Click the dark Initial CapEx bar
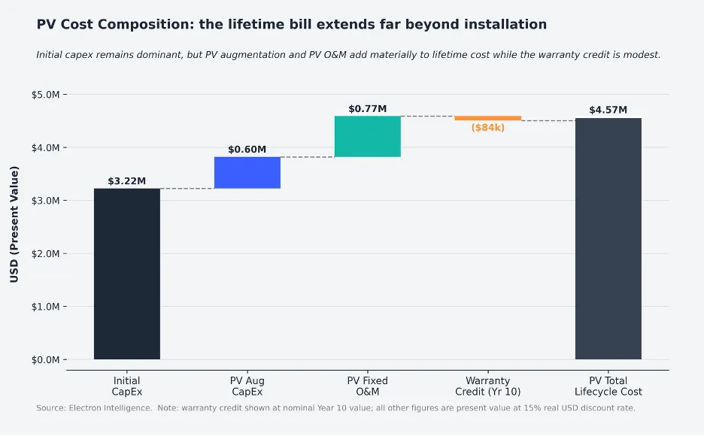pos(126,274)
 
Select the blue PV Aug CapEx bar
pos(247,173)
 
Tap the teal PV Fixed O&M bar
pos(367,136)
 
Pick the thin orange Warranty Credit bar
pos(487,118)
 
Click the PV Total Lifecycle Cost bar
pos(608,238)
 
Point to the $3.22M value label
pos(126,181)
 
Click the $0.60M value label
pos(247,150)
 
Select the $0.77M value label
pos(367,109)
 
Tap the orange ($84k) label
pos(487,128)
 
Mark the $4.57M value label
pos(608,111)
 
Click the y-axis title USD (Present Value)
pos(14,224)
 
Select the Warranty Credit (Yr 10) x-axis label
pos(487,386)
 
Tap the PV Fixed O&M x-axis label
pos(367,386)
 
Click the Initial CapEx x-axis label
pos(126,386)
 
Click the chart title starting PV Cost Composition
pos(291,25)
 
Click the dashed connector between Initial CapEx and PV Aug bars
pos(187,189)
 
